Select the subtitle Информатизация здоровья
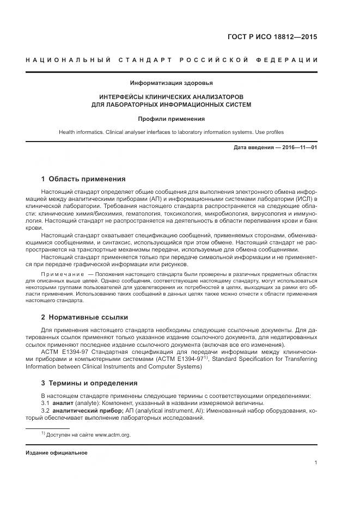click(x=172, y=83)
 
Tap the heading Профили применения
click(x=172, y=118)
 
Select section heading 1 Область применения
click(x=83, y=179)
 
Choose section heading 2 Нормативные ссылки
click(x=85, y=317)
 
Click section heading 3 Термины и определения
click(x=89, y=383)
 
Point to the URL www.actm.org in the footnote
click(x=113, y=435)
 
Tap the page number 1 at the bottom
click(x=316, y=463)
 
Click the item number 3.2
click(x=45, y=410)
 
